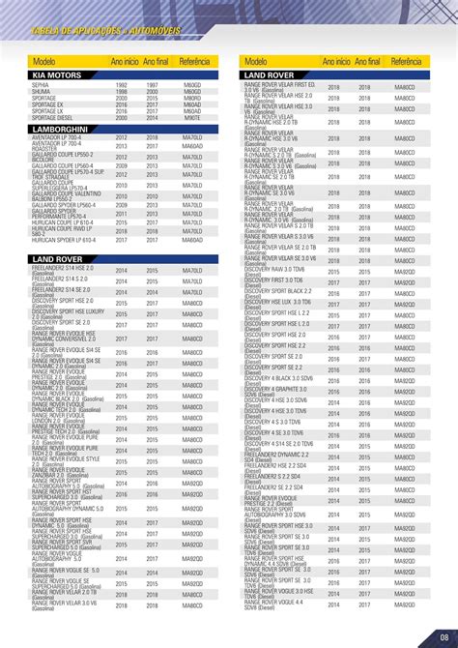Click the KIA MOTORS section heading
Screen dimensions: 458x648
coord(57,74)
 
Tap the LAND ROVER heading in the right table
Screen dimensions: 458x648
coord(270,74)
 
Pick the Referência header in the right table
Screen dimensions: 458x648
coord(406,61)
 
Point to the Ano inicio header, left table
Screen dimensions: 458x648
coord(125,61)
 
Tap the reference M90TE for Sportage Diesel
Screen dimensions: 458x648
coord(192,117)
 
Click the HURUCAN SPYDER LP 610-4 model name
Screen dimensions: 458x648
coord(64,240)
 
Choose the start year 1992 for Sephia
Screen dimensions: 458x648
coord(122,85)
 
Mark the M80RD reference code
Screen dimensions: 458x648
coord(192,98)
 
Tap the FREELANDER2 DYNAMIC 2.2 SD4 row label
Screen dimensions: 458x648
coord(280,456)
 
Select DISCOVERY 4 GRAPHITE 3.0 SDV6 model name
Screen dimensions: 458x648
coord(279,392)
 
